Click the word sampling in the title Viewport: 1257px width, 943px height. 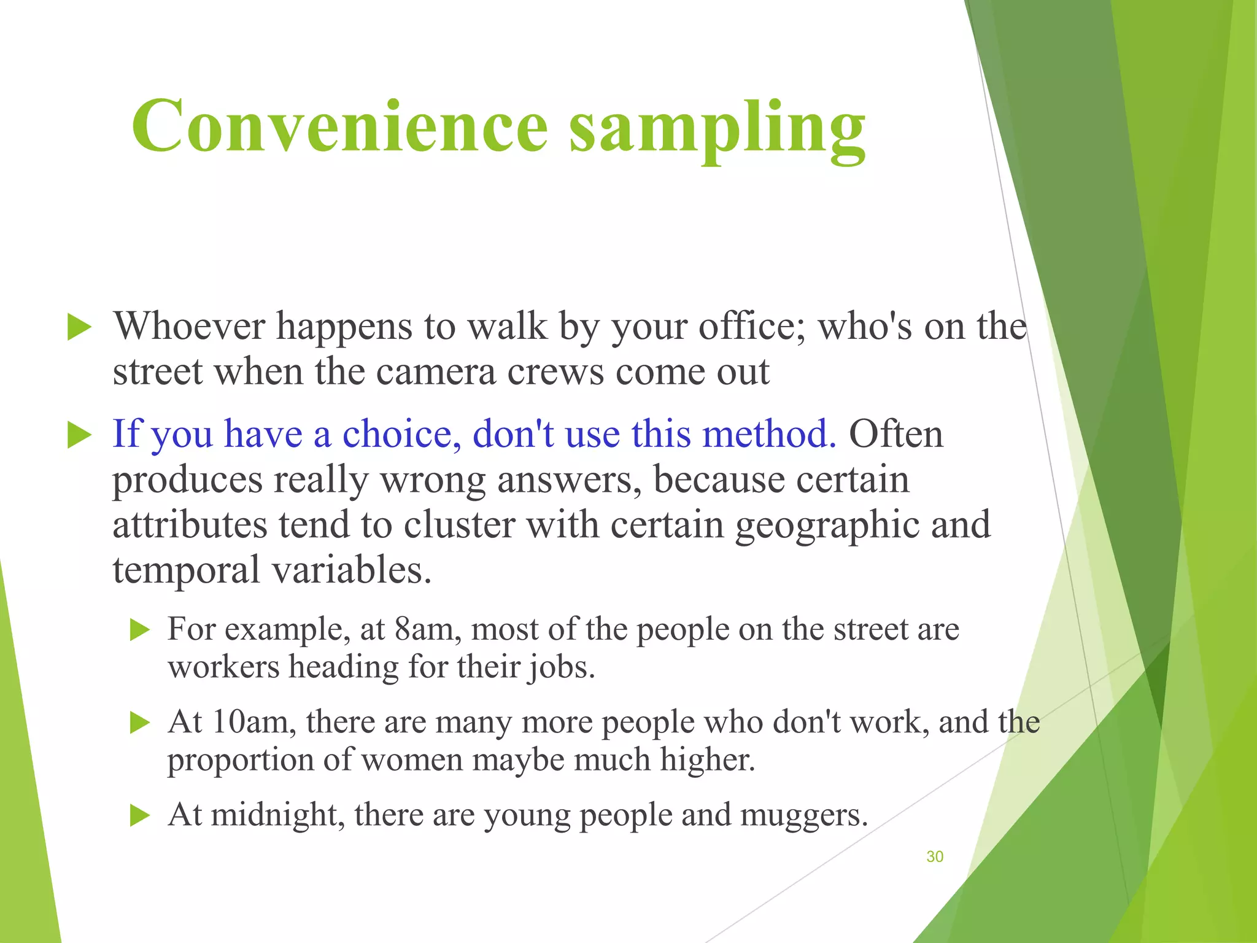pos(717,129)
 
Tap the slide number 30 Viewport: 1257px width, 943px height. pos(934,856)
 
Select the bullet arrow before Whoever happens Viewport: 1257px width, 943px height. pos(79,327)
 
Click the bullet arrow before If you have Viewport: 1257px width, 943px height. pos(79,435)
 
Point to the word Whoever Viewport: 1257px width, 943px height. pos(189,326)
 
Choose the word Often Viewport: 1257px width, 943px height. pos(895,434)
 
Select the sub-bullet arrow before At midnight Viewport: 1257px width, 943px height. pos(141,816)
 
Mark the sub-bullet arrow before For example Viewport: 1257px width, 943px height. pos(141,630)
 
